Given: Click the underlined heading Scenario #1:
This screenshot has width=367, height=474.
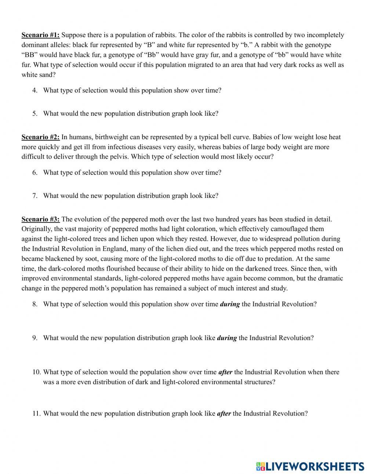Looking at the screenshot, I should click(40, 35).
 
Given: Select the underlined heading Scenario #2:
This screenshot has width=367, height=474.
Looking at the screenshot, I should click(40, 137).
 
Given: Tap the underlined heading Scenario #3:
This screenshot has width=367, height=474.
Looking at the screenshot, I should click(40, 220).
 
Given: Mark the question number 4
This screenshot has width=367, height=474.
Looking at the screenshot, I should click(34, 90).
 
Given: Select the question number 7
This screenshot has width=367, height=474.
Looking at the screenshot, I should click(34, 196).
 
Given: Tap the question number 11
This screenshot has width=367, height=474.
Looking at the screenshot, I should click(36, 413).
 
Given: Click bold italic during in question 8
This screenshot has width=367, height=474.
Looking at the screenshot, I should click(229, 304).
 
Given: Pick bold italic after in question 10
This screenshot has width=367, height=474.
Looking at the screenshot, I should click(225, 372).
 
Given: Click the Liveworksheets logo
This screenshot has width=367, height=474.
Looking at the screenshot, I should click(310, 466).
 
